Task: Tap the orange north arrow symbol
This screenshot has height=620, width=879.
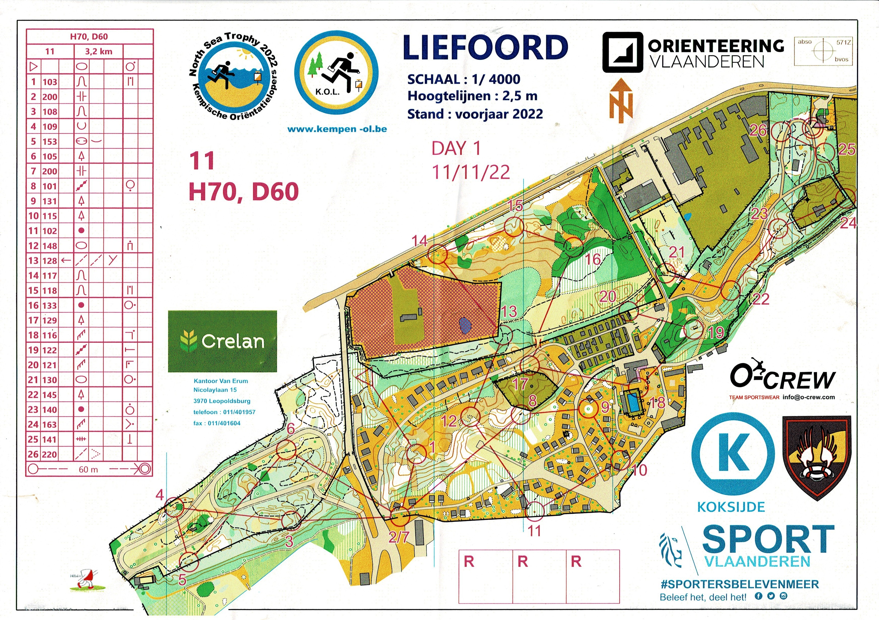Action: point(621,101)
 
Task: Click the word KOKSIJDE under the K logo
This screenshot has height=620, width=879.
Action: point(731,507)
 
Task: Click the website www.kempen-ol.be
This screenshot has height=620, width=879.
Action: point(337,129)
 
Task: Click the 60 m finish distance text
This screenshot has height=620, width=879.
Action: point(89,469)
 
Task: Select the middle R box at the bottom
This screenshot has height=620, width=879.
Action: point(539,576)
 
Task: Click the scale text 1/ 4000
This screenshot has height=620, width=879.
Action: point(497,79)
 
